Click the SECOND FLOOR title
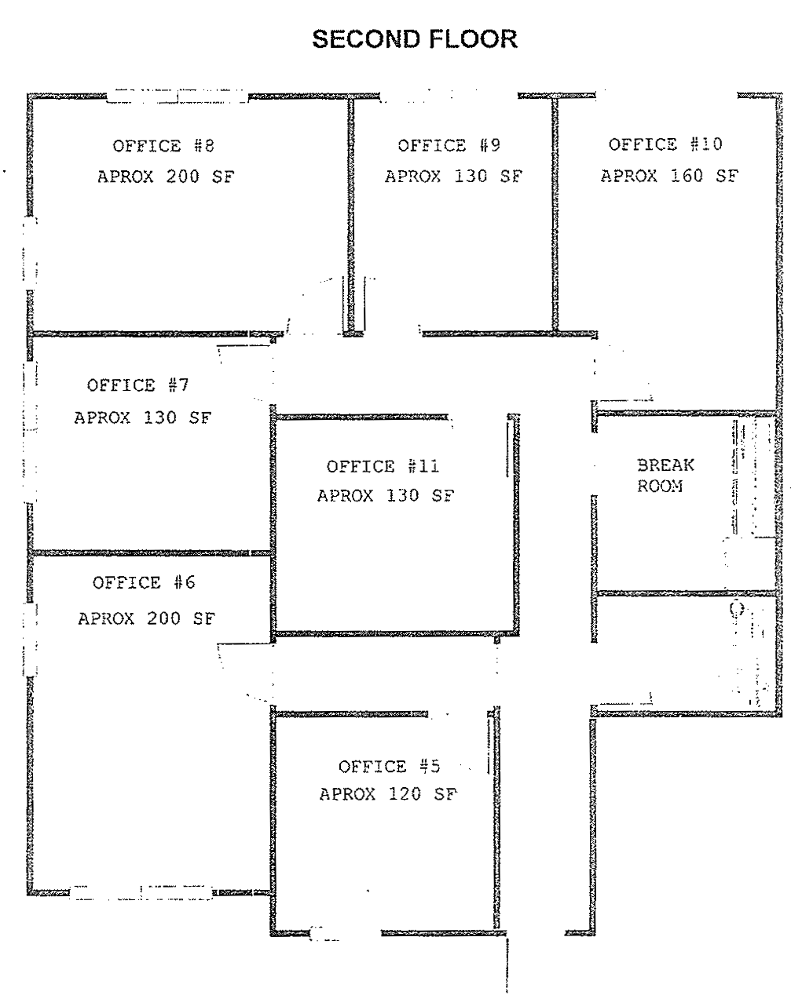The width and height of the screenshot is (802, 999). (415, 39)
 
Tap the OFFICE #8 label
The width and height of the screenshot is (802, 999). (163, 146)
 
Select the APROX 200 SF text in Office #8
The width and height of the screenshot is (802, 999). (166, 177)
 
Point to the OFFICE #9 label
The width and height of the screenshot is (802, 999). (449, 146)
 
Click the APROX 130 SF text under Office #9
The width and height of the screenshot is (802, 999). (453, 177)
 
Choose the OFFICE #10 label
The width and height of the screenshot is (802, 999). (665, 144)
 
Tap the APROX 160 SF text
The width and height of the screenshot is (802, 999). (669, 176)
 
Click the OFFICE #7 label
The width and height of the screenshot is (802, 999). (137, 385)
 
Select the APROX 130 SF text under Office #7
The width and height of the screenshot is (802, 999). (143, 417)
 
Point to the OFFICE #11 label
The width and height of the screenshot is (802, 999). (383, 466)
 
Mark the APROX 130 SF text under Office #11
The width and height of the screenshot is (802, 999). (386, 496)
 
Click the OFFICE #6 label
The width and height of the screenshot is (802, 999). (144, 582)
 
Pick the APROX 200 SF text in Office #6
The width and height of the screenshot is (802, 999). (147, 618)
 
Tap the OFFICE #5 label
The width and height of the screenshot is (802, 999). (389, 767)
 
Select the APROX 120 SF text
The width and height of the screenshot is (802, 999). (389, 794)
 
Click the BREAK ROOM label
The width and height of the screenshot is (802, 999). (665, 476)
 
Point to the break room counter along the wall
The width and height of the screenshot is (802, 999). (753, 477)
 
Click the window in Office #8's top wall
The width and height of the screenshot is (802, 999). (178, 96)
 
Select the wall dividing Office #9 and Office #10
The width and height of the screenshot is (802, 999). (555, 214)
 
